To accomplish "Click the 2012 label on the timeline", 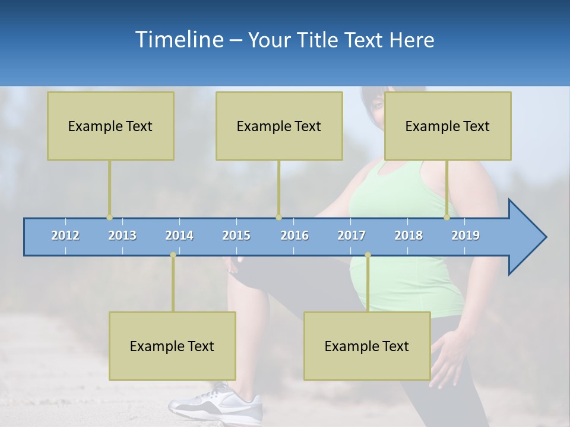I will tap(65, 235).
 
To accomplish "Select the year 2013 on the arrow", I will tap(122, 235).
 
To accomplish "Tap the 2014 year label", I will tap(179, 235).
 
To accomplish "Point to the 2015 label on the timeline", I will tap(236, 235).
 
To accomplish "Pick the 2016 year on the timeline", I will tap(294, 235).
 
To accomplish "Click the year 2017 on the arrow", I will tap(351, 235).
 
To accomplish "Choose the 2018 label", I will tap(408, 235).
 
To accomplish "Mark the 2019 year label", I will tap(465, 235).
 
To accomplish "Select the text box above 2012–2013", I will tap(110, 126).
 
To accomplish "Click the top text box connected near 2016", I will tap(279, 126).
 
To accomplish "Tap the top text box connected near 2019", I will tap(448, 126).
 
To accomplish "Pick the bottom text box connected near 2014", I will tap(172, 346).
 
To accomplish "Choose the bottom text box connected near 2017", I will tap(367, 346).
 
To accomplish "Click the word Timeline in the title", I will tap(179, 40).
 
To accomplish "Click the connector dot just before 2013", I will tap(109, 217).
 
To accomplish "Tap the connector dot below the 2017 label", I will tap(368, 255).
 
